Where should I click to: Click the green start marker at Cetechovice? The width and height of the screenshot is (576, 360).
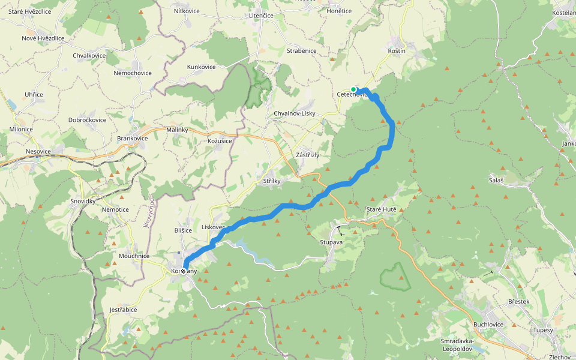point(353,89)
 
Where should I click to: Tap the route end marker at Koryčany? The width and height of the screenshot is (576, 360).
point(184,271)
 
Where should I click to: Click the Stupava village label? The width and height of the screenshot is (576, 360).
point(331,243)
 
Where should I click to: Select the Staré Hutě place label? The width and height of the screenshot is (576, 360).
point(382,209)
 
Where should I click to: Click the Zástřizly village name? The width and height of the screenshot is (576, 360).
point(308,155)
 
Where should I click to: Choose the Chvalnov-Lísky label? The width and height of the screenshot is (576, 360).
point(294,113)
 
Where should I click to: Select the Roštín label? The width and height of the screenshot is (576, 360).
point(397,51)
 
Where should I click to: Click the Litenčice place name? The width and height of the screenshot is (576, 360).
point(261,15)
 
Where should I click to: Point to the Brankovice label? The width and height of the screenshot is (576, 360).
point(132,138)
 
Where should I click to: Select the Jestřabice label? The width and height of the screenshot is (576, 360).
point(123,310)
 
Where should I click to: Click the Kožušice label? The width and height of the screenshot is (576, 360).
point(220,140)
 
